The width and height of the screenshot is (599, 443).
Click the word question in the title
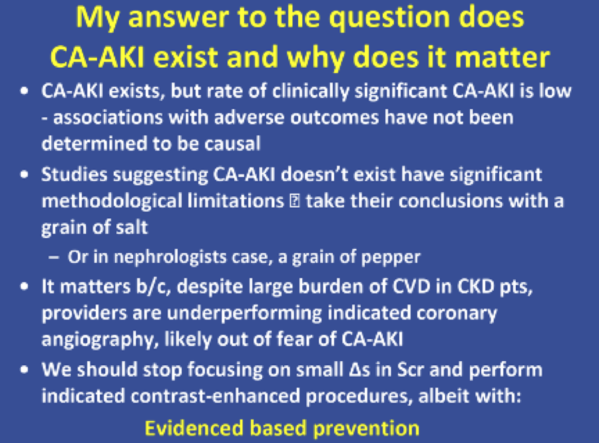pyautogui.click(x=388, y=19)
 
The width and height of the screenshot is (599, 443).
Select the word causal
pyautogui.click(x=232, y=144)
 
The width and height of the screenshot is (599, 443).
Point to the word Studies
pyautogui.click(x=74, y=174)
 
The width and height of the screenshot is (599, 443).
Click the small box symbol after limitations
pyautogui.click(x=295, y=201)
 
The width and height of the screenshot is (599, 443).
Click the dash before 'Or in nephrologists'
pyautogui.click(x=54, y=258)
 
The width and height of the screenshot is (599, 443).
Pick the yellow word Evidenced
pyautogui.click(x=194, y=428)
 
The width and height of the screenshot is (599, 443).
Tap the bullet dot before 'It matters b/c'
pyautogui.click(x=25, y=287)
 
